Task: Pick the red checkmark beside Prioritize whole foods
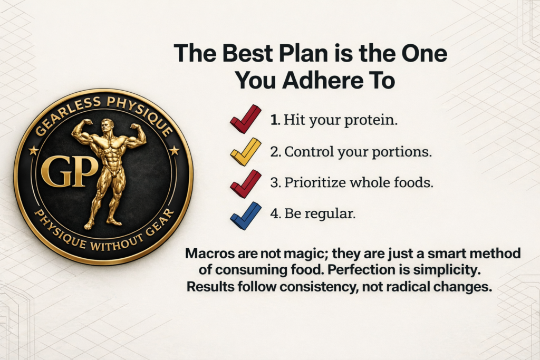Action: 245,183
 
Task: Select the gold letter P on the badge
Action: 85,172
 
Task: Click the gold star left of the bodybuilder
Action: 33,151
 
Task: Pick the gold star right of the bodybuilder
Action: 174,151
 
